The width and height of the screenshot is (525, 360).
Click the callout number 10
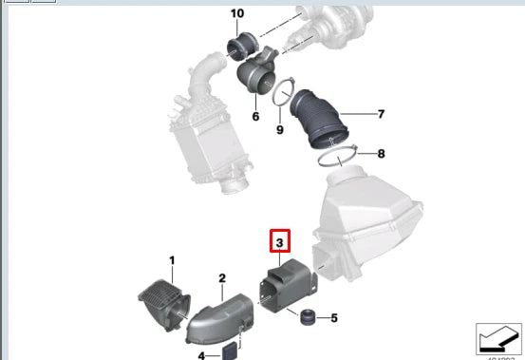click(236, 13)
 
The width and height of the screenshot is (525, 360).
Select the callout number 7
click(381, 115)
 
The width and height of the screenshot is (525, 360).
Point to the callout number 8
click(381, 153)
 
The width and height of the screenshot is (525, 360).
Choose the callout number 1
click(172, 259)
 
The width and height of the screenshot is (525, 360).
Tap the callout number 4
click(201, 355)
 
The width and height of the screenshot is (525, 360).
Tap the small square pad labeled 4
click(230, 352)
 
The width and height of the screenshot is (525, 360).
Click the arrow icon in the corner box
click(498, 339)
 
